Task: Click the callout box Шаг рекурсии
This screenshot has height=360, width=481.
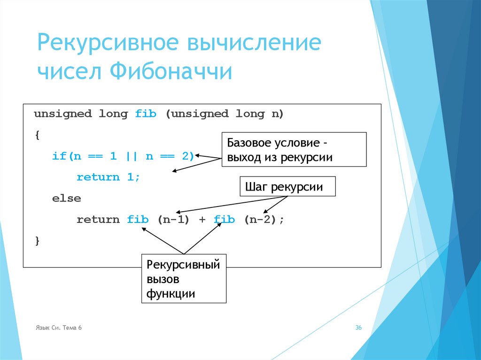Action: [x=287, y=186]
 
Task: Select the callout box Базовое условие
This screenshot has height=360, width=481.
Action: [x=294, y=150]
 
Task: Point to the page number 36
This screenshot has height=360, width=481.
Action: [x=358, y=328]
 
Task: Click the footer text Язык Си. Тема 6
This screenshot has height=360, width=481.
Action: [x=59, y=328]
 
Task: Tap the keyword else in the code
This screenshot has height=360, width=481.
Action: [x=67, y=199]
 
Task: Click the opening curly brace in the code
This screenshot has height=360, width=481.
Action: [x=37, y=135]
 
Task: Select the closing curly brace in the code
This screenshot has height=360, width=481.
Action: [x=37, y=241]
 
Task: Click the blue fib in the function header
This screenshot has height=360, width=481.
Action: [x=146, y=114]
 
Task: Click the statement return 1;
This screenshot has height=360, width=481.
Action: [x=109, y=177]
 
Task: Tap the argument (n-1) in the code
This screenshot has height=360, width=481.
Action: [x=173, y=220]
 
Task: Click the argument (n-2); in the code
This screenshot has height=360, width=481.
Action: [x=264, y=220]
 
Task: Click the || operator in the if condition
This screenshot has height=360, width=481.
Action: [x=131, y=156]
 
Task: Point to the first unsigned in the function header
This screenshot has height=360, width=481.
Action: [x=62, y=114]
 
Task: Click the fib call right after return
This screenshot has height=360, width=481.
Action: [x=138, y=220]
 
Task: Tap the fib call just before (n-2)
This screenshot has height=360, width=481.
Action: [x=224, y=220]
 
